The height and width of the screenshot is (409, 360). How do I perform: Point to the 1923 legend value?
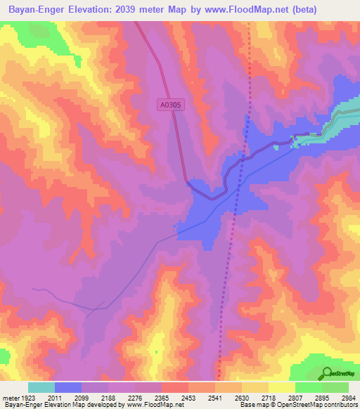(x=28, y=398)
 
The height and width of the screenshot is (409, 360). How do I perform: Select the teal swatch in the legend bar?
(x=41, y=387)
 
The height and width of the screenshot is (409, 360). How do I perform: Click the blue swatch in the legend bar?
(x=67, y=387)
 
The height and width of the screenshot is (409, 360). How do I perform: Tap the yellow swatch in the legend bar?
(x=281, y=387)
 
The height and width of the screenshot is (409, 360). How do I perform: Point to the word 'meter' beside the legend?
(x=9, y=398)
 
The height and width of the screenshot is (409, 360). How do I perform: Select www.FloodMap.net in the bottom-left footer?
(x=150, y=405)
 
